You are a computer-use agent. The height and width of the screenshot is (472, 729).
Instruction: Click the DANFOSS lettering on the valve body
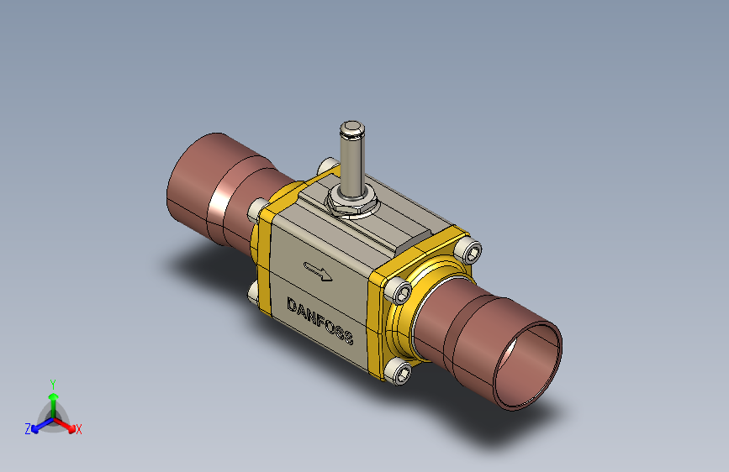click(320, 321)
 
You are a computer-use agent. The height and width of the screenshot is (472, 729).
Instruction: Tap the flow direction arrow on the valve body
click(318, 271)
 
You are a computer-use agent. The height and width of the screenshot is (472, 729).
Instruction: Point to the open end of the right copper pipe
click(528, 367)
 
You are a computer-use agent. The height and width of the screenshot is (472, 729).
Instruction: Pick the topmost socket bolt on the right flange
click(468, 249)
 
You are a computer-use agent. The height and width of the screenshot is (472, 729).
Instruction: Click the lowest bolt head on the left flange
click(253, 294)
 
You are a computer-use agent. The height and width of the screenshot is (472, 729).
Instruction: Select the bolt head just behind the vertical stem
click(328, 166)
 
